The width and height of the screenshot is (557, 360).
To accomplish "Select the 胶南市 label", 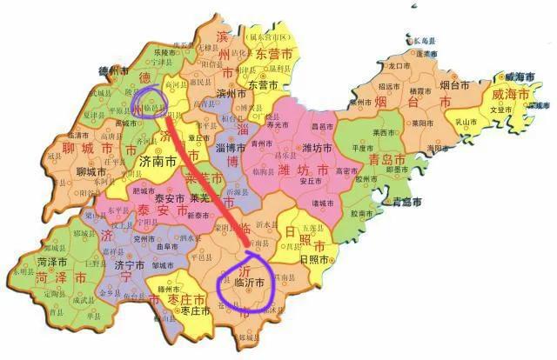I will pos(361,211).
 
